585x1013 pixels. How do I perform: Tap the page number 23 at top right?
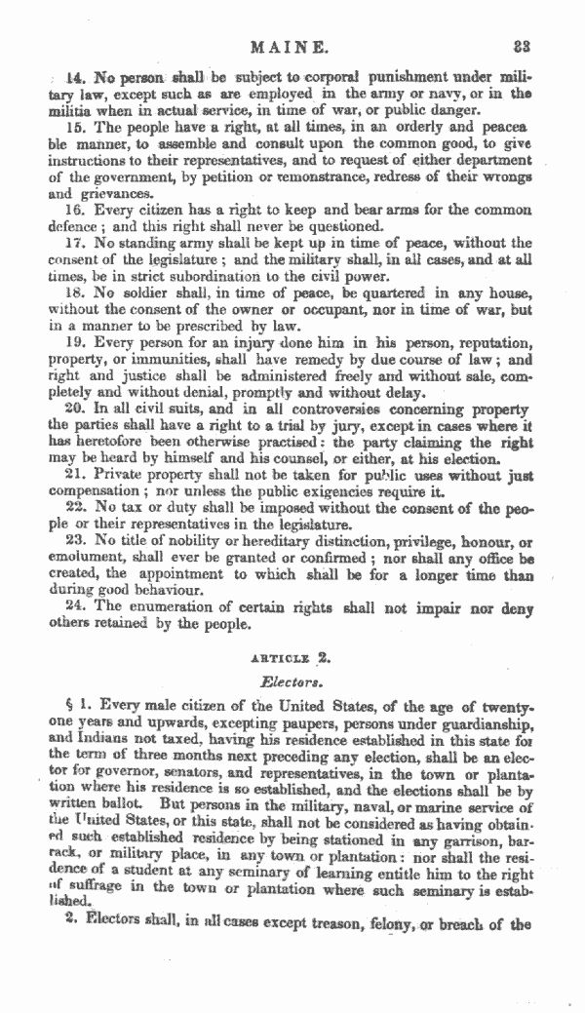[x=544, y=46]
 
